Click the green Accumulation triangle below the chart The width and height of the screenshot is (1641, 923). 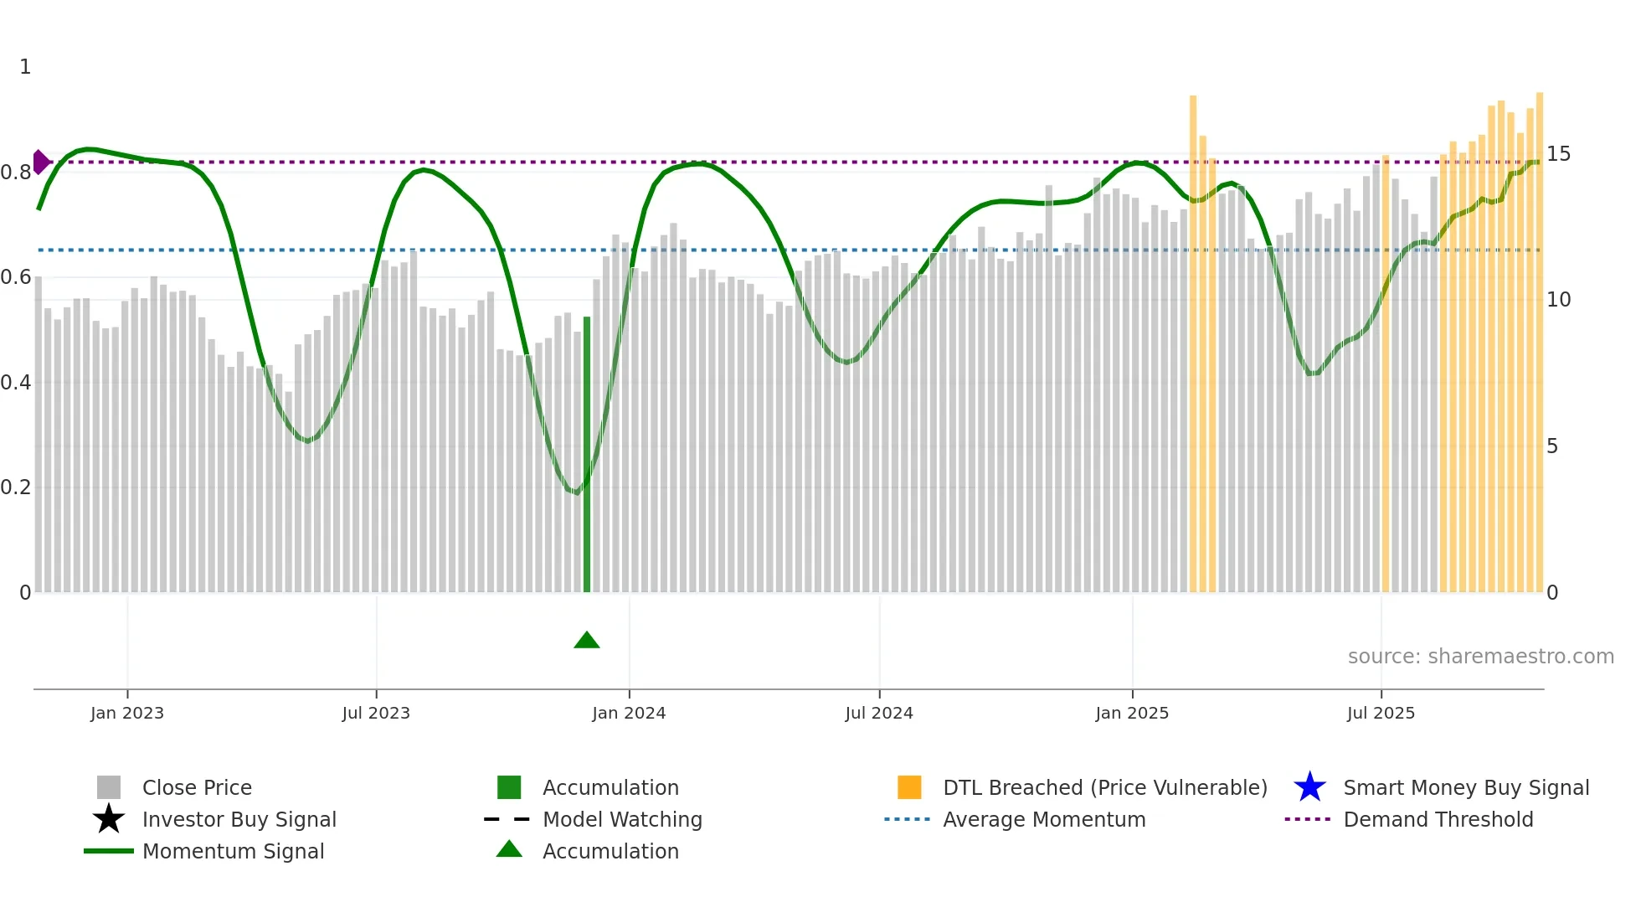click(x=587, y=641)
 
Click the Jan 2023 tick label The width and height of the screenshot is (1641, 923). click(x=127, y=714)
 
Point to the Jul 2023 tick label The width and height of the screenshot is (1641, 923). click(x=376, y=714)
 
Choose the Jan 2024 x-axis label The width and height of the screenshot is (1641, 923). click(x=629, y=714)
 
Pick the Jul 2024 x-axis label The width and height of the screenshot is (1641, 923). click(x=879, y=714)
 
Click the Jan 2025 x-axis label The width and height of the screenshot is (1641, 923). click(x=1132, y=714)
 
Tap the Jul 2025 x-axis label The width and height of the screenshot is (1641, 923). click(x=1381, y=714)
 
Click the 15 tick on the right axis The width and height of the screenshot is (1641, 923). click(x=1558, y=154)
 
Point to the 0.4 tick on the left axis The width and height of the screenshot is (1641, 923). click(x=17, y=383)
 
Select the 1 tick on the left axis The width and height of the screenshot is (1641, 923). click(x=25, y=67)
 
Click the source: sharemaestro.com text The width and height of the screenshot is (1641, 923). click(x=1480, y=657)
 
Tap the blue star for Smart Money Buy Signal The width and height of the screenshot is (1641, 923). click(x=1309, y=787)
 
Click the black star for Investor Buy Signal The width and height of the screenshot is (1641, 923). click(x=109, y=819)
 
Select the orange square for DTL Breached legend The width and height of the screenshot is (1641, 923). click(x=909, y=787)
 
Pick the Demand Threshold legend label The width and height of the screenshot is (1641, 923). click(x=1438, y=820)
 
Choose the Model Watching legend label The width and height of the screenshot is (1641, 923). click(x=622, y=820)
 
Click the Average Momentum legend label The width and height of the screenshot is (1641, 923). click(x=1044, y=820)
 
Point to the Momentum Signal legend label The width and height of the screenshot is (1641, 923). click(x=233, y=852)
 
